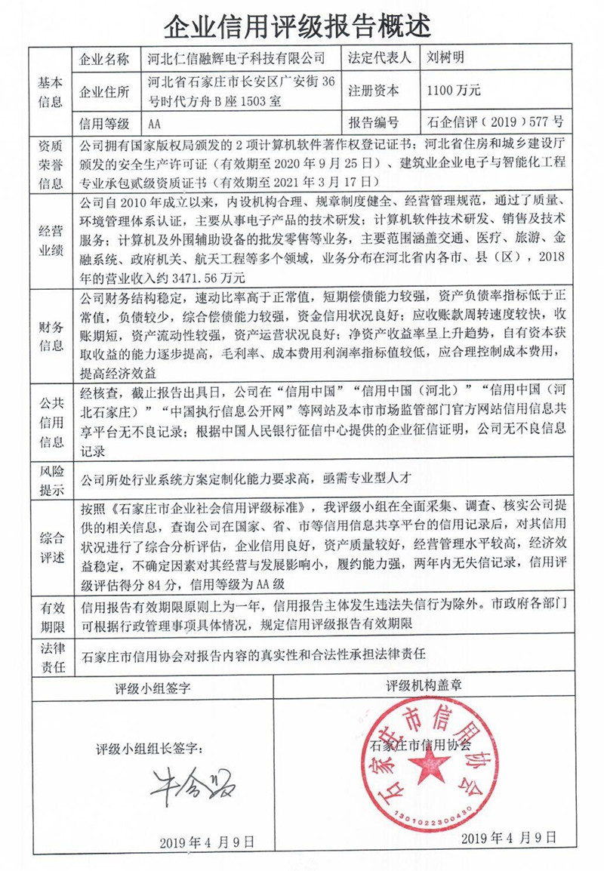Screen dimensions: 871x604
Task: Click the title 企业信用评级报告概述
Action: (302, 26)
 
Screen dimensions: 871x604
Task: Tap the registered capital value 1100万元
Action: (453, 91)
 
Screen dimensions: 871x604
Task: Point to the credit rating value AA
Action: (155, 122)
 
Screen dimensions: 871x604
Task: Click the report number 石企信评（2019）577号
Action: (495, 122)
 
